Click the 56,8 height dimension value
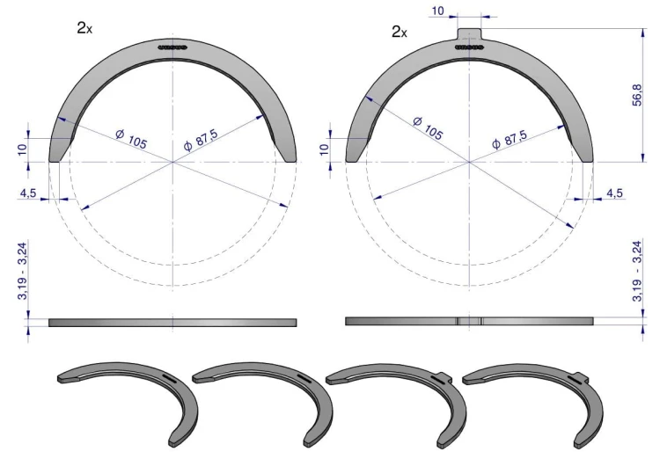coord(637,95)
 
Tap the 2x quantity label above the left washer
coord(84,28)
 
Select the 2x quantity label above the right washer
coord(399,32)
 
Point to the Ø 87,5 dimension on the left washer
coord(201,140)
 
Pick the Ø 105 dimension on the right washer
coord(428,127)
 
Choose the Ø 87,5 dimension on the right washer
coord(510,139)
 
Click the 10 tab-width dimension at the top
coord(437,11)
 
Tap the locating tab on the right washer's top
coord(469,33)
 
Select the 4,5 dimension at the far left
coord(28,193)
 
